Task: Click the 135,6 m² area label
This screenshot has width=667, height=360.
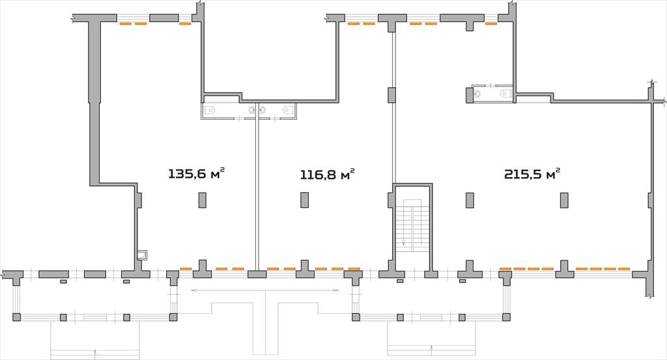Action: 196,174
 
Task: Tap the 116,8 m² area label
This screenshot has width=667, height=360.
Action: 328,174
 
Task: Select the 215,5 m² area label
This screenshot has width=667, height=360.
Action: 532,174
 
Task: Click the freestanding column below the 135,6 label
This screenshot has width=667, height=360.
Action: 203,200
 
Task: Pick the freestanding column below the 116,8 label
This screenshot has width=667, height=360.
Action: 305,200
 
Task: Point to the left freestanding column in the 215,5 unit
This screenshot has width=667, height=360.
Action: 470,201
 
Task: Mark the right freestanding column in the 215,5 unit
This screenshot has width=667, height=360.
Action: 564,201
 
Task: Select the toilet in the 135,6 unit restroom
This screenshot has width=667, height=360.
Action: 210,110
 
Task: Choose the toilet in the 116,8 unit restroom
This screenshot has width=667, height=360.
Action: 289,110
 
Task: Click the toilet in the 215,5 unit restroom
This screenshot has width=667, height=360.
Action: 505,93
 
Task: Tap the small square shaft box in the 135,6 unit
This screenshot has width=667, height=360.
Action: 142,255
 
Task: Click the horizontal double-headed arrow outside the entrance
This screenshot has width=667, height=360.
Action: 265,290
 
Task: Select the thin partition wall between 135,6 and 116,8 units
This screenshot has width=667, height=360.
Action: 257,191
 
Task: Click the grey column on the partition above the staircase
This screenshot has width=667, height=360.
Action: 391,94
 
